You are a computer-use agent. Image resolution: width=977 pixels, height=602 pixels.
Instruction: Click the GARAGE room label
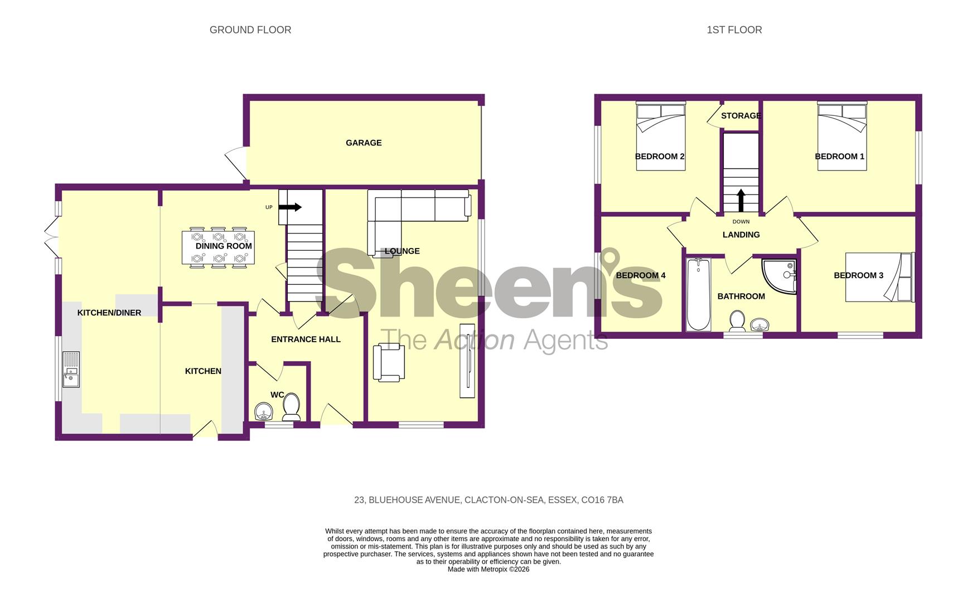pyautogui.click(x=364, y=143)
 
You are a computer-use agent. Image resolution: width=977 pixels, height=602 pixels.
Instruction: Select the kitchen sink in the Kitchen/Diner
pyautogui.click(x=71, y=370)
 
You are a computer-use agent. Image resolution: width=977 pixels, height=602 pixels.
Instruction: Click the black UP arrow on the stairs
pyautogui.click(x=290, y=207)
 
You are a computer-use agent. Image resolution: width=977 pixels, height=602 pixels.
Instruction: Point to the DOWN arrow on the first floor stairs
pyautogui.click(x=741, y=201)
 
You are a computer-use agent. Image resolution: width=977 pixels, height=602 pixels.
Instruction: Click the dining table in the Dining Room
pyautogui.click(x=219, y=247)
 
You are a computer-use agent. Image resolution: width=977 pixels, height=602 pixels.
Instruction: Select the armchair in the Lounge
pyautogui.click(x=390, y=362)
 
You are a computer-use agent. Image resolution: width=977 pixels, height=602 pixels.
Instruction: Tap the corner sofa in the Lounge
pyautogui.click(x=418, y=206)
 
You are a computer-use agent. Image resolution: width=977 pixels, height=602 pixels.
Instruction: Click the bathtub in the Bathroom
pyautogui.click(x=698, y=294)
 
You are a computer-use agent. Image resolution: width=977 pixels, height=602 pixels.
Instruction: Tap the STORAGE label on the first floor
pyautogui.click(x=741, y=116)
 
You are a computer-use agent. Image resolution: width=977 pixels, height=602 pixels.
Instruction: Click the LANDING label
pyautogui.click(x=741, y=235)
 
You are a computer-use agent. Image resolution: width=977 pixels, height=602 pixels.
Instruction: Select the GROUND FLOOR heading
pyautogui.click(x=250, y=30)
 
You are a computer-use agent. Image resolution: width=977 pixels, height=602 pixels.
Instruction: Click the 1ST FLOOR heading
pyautogui.click(x=734, y=30)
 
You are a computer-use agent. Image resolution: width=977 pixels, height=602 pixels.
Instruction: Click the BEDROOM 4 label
pyautogui.click(x=640, y=275)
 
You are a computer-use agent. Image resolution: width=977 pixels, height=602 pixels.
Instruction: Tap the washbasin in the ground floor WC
pyautogui.click(x=263, y=412)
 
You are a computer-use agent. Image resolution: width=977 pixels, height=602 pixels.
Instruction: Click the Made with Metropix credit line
pyautogui.click(x=488, y=569)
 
